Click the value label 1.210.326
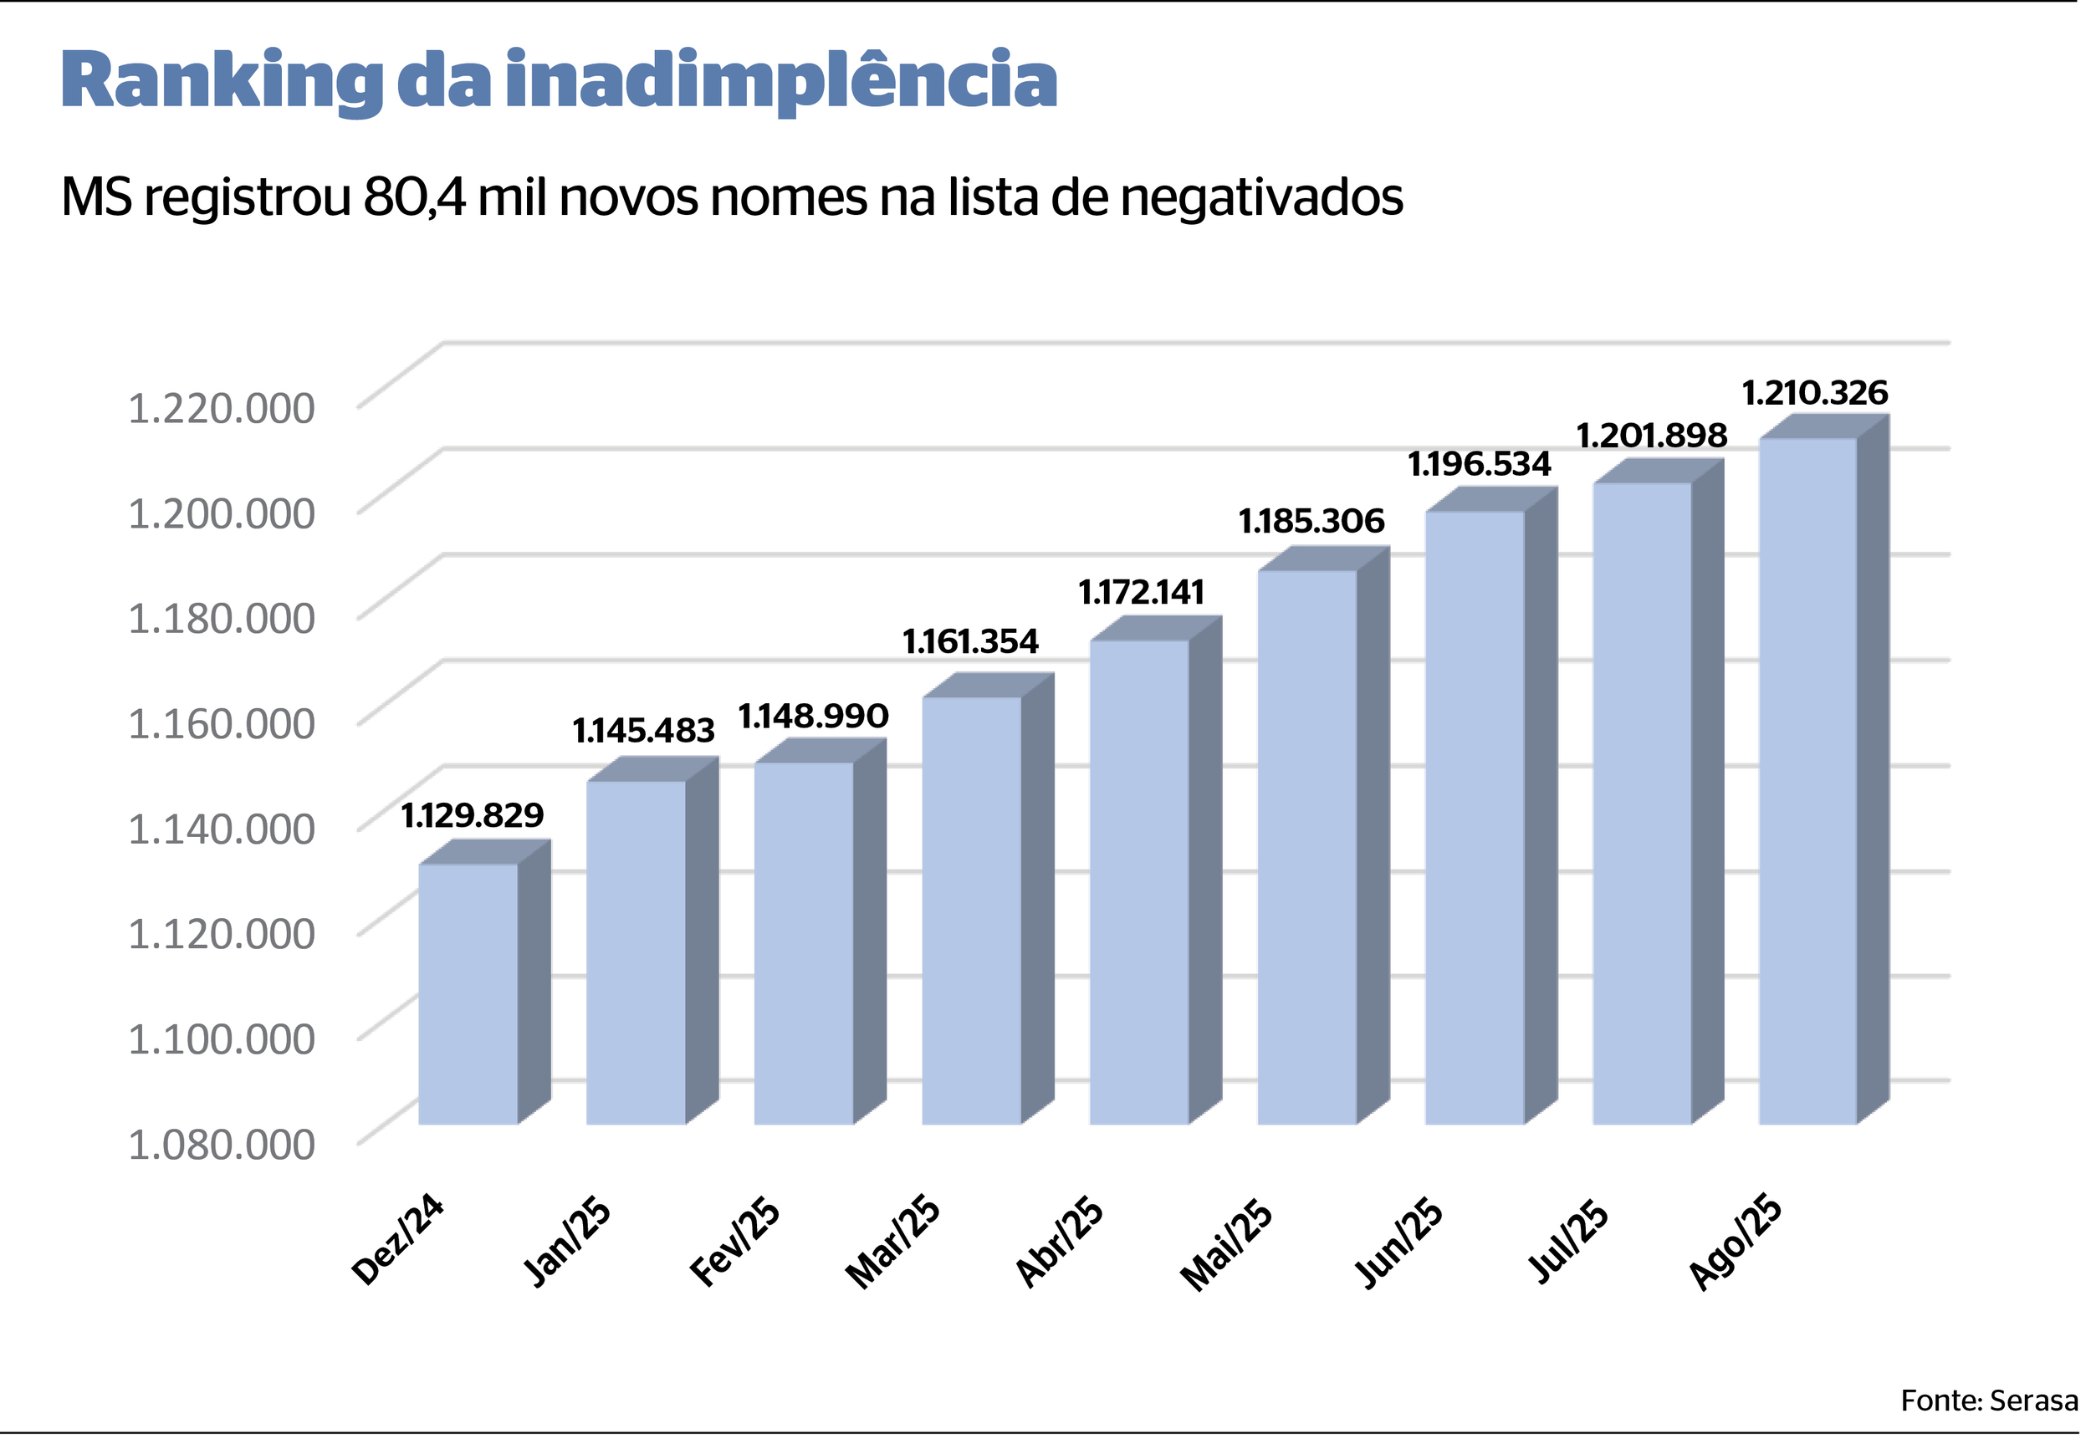coord(1813,394)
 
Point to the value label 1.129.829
coord(473,816)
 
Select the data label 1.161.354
coord(970,642)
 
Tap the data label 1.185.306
coord(1311,521)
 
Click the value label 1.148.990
coord(813,717)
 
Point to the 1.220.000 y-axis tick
coord(222,408)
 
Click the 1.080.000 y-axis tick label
coord(222,1145)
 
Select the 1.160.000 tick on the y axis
coord(222,724)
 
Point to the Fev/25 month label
coord(736,1243)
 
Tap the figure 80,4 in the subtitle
coord(415,197)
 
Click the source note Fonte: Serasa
coord(1988,1401)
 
